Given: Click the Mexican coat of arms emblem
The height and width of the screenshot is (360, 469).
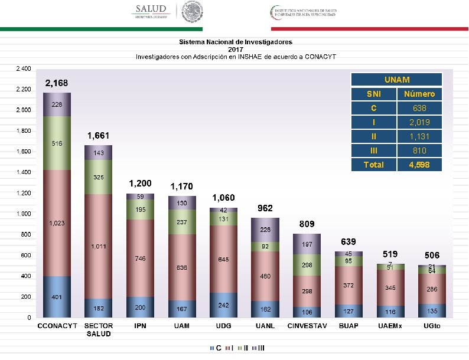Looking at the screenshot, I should (193, 11).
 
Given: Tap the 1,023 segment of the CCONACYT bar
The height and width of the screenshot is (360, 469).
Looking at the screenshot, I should (57, 223).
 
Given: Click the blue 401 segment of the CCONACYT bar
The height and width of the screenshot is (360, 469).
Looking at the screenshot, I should (57, 296).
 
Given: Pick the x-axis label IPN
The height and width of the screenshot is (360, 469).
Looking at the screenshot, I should (140, 326).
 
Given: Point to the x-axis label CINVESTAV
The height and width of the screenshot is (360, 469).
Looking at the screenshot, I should (307, 326).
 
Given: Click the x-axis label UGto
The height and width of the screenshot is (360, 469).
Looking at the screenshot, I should (432, 326).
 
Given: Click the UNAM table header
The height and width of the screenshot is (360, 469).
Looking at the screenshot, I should (396, 80).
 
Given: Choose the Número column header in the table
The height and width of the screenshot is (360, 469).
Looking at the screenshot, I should (419, 94).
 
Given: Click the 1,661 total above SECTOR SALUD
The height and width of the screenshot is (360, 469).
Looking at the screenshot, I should (99, 136).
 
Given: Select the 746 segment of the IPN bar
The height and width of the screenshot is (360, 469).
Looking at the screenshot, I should (140, 258).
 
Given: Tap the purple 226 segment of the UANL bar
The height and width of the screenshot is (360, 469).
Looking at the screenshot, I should (265, 230).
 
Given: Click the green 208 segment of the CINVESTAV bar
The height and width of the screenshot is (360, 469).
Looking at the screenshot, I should (307, 265).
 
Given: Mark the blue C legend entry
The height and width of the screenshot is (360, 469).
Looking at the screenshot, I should (216, 348).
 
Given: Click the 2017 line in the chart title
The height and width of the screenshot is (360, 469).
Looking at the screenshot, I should (236, 50).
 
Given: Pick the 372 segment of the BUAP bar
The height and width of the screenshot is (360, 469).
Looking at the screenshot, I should (349, 285).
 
